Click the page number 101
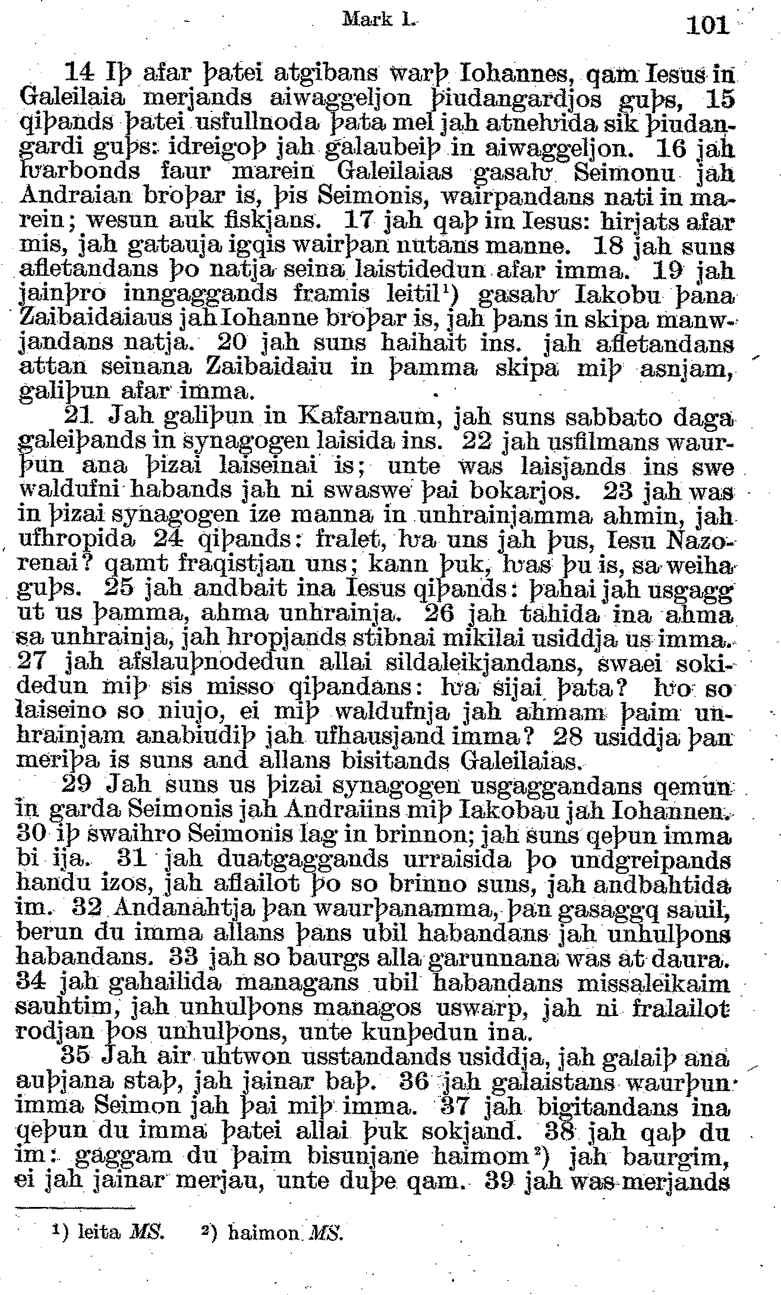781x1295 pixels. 707,25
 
